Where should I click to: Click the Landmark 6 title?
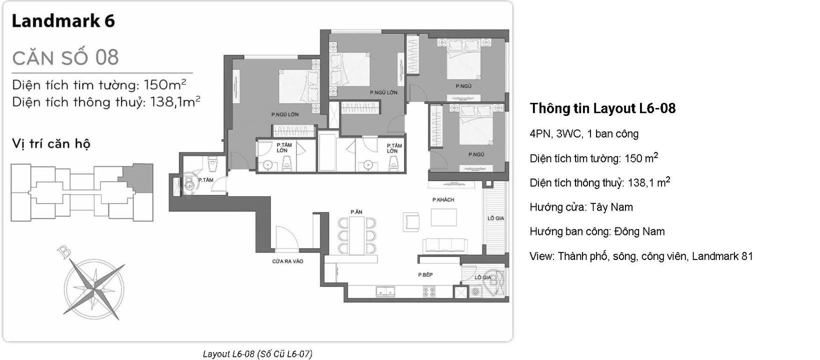click(x=63, y=21)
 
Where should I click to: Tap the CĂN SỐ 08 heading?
click(x=65, y=57)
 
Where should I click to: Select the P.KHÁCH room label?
click(x=443, y=199)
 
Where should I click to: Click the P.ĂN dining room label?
click(x=356, y=212)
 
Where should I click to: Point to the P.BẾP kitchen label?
click(x=425, y=274)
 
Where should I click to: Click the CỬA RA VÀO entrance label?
click(x=287, y=261)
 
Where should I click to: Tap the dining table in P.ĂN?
click(x=357, y=235)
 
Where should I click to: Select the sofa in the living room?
click(x=445, y=245)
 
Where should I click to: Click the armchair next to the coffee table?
click(x=411, y=221)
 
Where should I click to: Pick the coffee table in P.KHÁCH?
click(x=443, y=217)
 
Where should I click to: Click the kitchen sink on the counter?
click(x=385, y=291)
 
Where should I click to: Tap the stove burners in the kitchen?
click(x=428, y=291)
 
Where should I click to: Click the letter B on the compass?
click(x=64, y=252)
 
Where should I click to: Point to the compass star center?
click(x=94, y=287)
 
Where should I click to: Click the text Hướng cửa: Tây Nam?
click(x=581, y=207)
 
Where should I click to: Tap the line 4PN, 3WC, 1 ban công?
click(x=584, y=133)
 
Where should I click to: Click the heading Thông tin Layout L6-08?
click(x=602, y=108)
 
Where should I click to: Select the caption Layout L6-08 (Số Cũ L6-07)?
click(x=257, y=354)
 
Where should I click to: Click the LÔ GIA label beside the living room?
click(x=495, y=218)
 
